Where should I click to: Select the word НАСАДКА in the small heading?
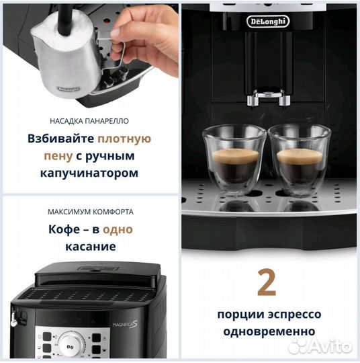67,121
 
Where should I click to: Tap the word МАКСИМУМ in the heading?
68,211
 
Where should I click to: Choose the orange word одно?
118,229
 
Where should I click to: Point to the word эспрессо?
291,315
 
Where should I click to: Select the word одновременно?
267,331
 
